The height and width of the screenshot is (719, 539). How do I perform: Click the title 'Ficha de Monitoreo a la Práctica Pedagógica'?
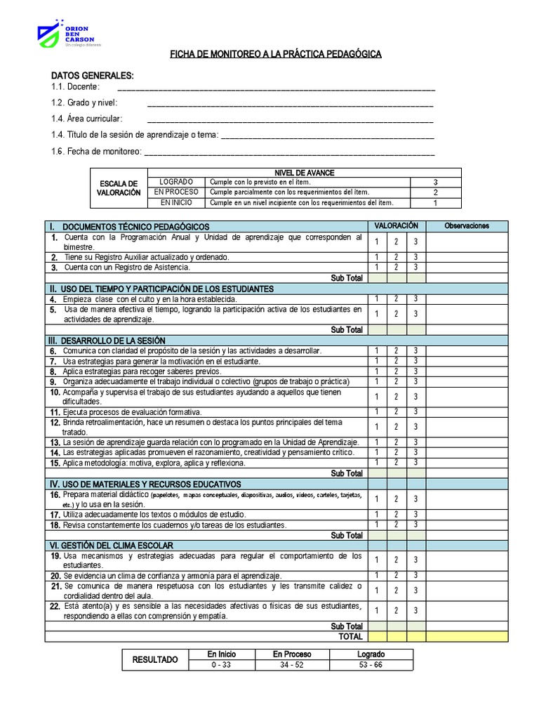click(x=277, y=54)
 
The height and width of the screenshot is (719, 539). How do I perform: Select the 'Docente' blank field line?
click(x=276, y=89)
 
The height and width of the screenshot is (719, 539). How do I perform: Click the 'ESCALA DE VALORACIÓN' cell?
click(x=119, y=188)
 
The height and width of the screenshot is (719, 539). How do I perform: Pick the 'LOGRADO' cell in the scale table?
click(x=176, y=182)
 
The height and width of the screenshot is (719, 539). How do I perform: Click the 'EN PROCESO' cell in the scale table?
click(x=176, y=192)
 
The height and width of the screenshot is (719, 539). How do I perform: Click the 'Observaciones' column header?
click(x=467, y=226)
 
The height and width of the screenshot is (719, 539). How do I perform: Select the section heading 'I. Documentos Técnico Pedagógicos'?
click(x=130, y=226)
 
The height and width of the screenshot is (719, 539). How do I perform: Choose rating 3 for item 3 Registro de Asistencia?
click(x=415, y=268)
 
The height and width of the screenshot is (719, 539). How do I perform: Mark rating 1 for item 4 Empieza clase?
click(x=376, y=299)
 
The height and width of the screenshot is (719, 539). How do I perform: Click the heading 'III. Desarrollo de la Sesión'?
click(x=107, y=341)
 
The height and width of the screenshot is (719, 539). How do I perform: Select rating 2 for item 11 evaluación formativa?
click(x=396, y=412)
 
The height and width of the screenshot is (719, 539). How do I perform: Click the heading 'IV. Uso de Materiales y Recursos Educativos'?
click(x=145, y=484)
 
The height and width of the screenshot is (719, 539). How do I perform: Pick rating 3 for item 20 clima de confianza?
click(x=415, y=576)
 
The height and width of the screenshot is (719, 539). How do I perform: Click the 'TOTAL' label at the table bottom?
click(x=350, y=637)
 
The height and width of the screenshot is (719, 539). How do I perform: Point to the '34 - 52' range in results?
click(x=292, y=665)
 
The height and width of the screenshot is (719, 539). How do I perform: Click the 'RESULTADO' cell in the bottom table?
click(x=156, y=659)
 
